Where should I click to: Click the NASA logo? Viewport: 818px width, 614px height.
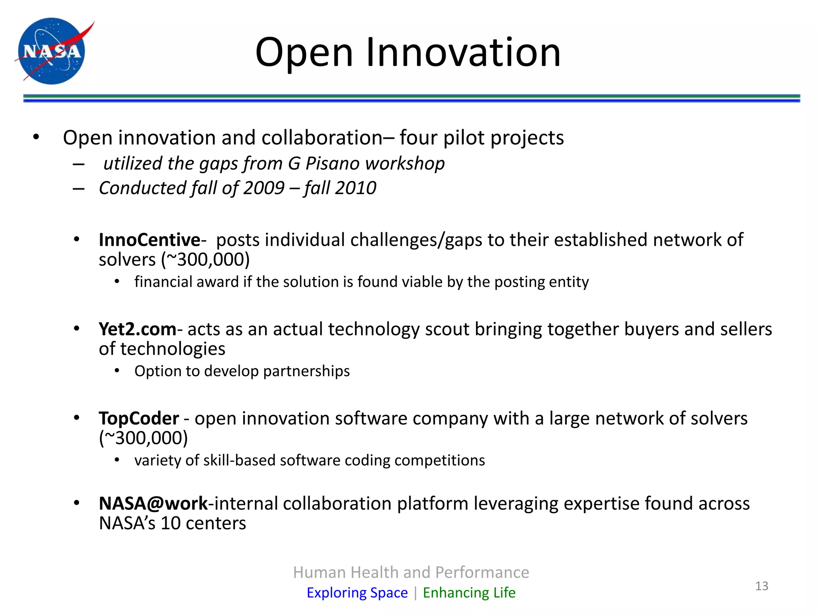(52, 51)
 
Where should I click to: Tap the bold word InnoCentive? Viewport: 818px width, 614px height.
(149, 240)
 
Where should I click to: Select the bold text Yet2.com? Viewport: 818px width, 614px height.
(137, 329)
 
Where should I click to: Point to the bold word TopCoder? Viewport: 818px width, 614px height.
(139, 419)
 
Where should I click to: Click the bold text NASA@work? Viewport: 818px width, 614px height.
(153, 503)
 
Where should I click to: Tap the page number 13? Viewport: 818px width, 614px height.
(762, 586)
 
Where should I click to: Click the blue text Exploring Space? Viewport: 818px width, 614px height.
(357, 592)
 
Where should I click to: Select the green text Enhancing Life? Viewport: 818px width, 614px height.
(469, 592)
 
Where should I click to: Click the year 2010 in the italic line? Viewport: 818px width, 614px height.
(355, 188)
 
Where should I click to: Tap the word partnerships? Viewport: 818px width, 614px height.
(306, 371)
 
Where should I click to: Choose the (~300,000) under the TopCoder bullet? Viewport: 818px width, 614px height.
(143, 438)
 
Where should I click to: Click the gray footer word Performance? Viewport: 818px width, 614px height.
(482, 572)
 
